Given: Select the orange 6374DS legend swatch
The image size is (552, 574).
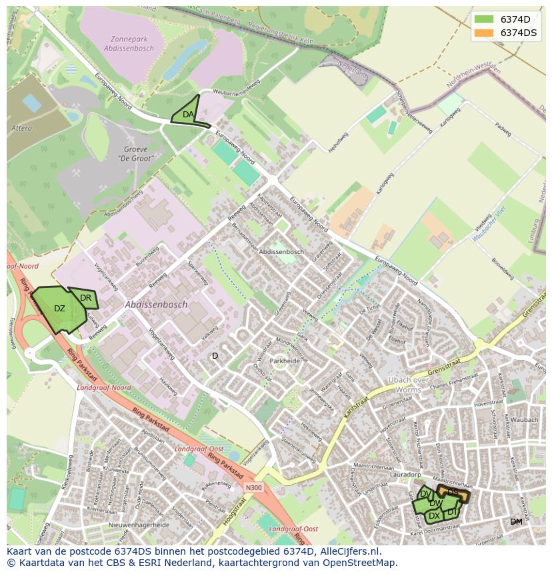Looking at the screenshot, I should [485, 33].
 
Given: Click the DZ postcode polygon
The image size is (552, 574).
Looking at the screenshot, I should [59, 309].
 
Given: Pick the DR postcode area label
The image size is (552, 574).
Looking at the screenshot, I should [85, 298].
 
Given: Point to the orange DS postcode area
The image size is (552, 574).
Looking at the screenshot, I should [454, 493].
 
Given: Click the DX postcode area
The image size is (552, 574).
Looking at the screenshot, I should [434, 516].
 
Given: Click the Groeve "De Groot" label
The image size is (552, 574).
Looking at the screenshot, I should [135, 154].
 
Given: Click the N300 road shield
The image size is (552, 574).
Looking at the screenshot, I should [253, 487].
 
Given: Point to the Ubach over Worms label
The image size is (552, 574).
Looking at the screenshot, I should [409, 385].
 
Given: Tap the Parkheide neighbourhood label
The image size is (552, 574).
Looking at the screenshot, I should [285, 361].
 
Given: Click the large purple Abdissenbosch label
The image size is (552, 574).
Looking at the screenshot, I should [156, 304].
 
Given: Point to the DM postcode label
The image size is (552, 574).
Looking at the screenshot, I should [516, 521].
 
